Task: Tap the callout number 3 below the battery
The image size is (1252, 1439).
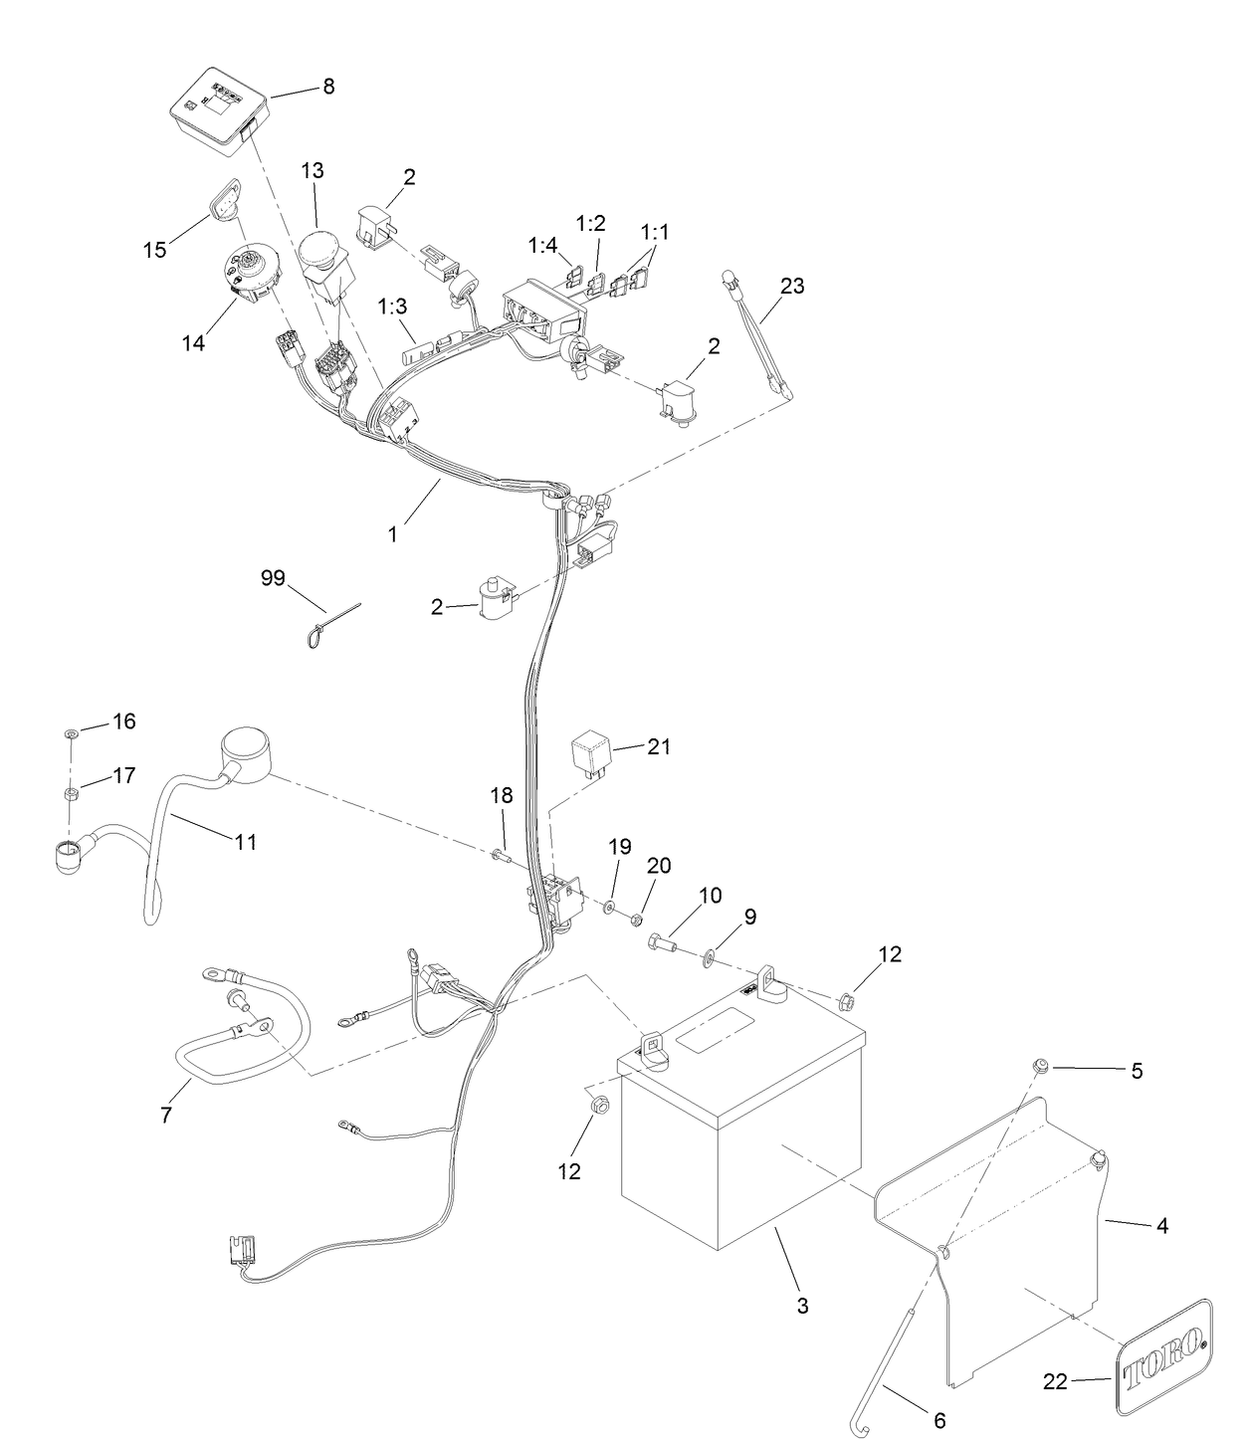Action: coord(802,1305)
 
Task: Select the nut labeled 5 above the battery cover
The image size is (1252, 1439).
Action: coord(1040,1065)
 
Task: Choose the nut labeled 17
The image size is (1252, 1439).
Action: coord(72,793)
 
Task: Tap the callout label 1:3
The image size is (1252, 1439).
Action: coord(392,307)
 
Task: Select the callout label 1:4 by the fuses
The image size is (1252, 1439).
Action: coord(542,244)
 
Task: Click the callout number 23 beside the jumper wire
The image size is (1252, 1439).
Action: coord(792,286)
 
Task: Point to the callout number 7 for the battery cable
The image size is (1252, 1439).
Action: coord(166,1115)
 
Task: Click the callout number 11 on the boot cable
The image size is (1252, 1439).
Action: coord(246,842)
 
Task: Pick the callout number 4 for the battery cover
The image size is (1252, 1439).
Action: coord(1161,1226)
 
